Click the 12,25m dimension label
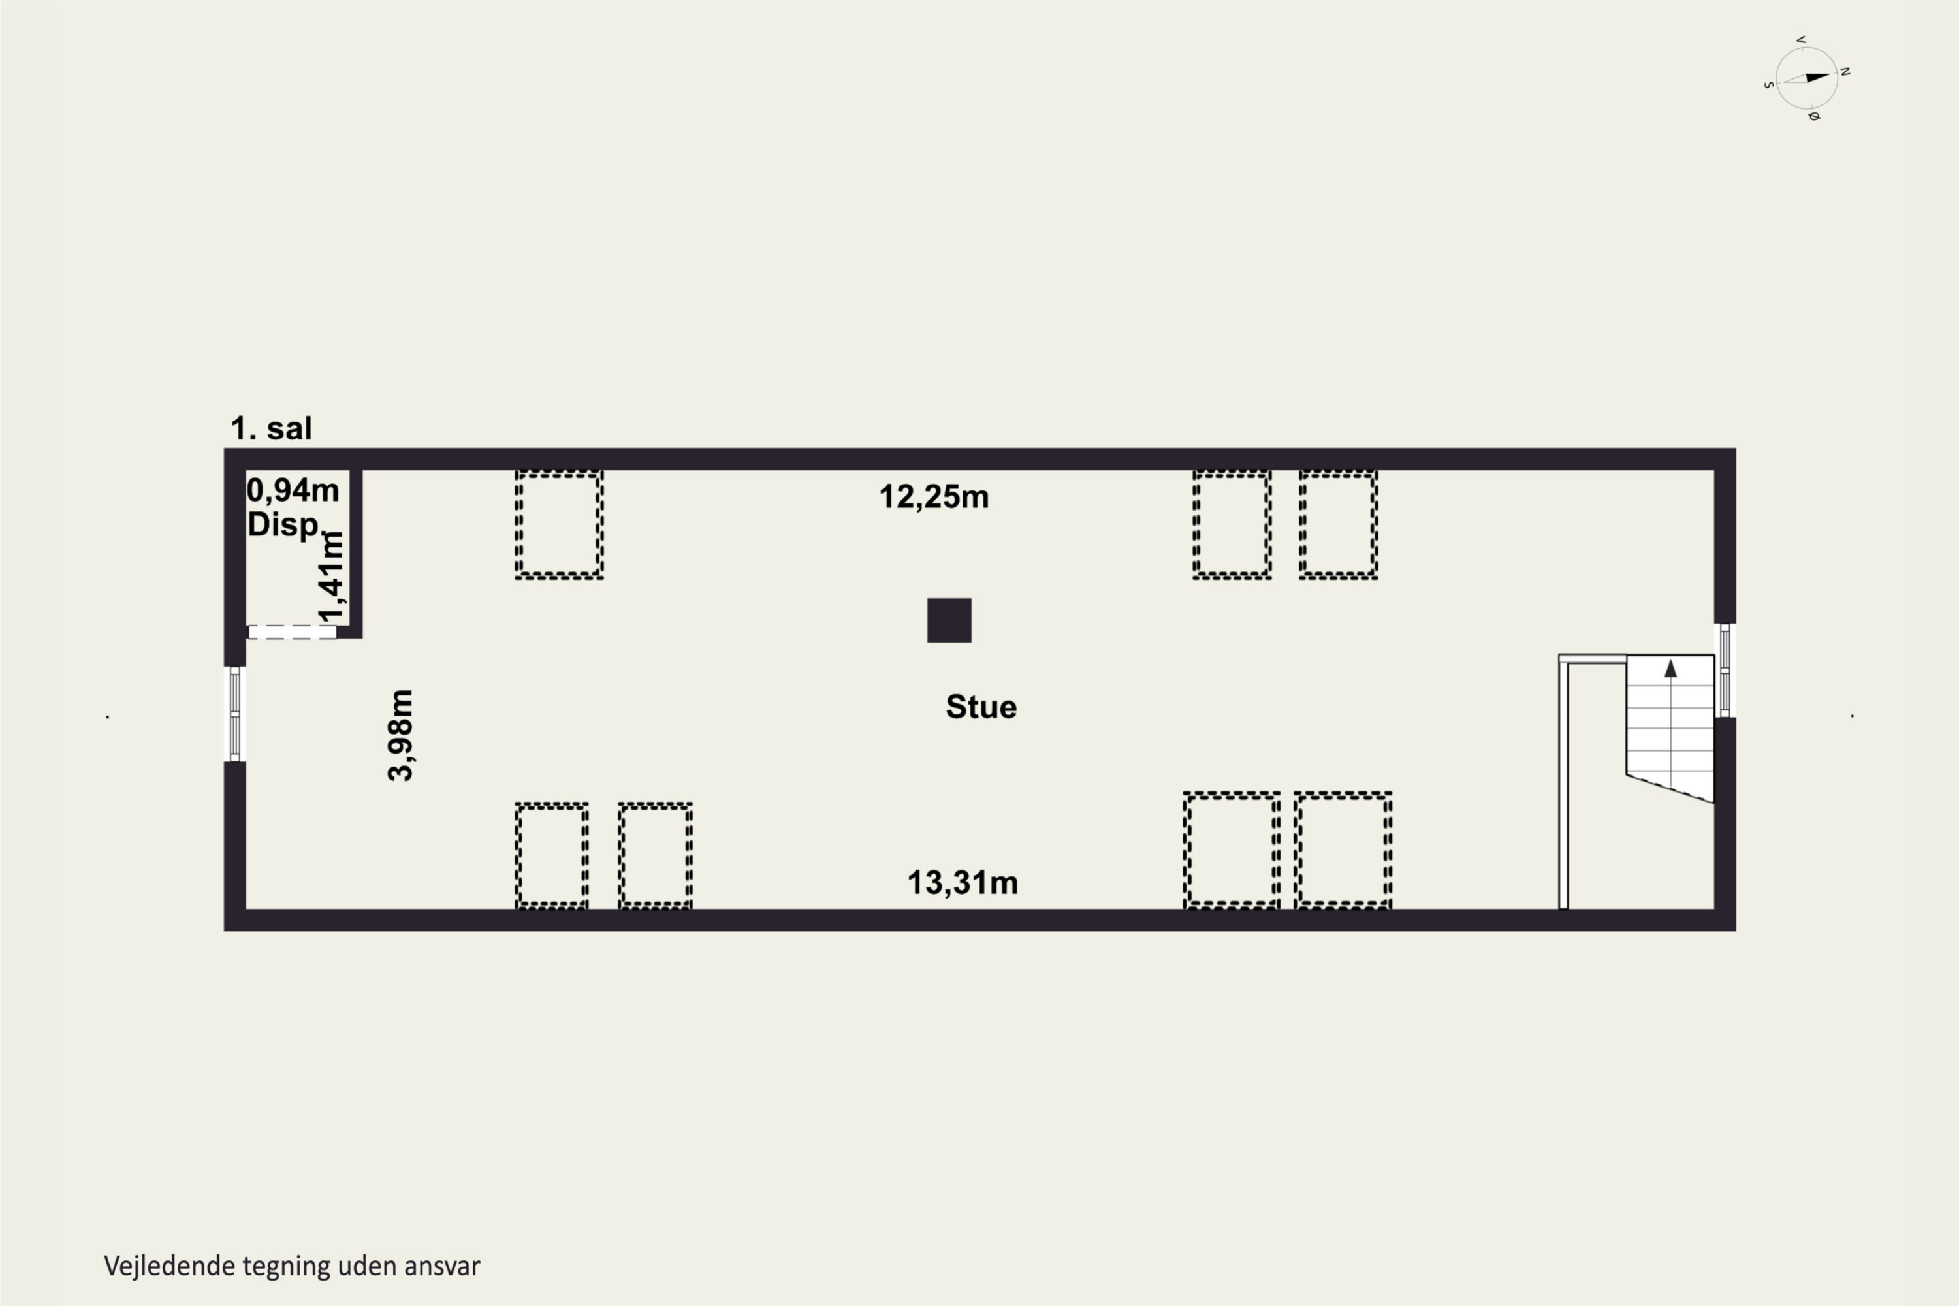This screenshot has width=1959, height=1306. pyautogui.click(x=934, y=497)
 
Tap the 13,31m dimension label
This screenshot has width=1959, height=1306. pyautogui.click(x=962, y=883)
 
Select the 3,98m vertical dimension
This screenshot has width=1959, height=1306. pyautogui.click(x=401, y=735)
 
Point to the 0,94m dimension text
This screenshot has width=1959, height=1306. pyautogui.click(x=293, y=490)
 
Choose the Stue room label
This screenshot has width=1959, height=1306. pyautogui.click(x=981, y=707)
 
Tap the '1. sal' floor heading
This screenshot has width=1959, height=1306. pyautogui.click(x=271, y=428)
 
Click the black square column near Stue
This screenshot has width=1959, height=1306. pyautogui.click(x=949, y=620)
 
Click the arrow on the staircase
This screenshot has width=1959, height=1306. pyautogui.click(x=1670, y=668)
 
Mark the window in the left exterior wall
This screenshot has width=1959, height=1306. pyautogui.click(x=235, y=714)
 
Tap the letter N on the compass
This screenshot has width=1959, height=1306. pyautogui.click(x=1845, y=72)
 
